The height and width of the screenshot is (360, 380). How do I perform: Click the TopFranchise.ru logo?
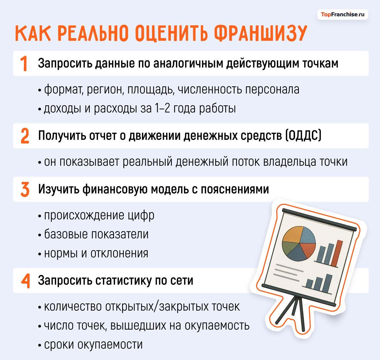[343, 14]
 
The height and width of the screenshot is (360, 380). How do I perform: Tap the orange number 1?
[24, 64]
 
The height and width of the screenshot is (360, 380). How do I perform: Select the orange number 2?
[25, 136]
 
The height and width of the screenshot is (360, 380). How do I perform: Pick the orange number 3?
[25, 190]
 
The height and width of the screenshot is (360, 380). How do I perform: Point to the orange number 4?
[25, 281]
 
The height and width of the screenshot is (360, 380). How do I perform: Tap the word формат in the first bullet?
[63, 89]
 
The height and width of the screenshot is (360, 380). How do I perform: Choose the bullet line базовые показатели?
[96, 234]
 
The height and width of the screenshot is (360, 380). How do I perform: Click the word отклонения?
[119, 253]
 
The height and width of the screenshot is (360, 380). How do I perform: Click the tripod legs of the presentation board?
[294, 312]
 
